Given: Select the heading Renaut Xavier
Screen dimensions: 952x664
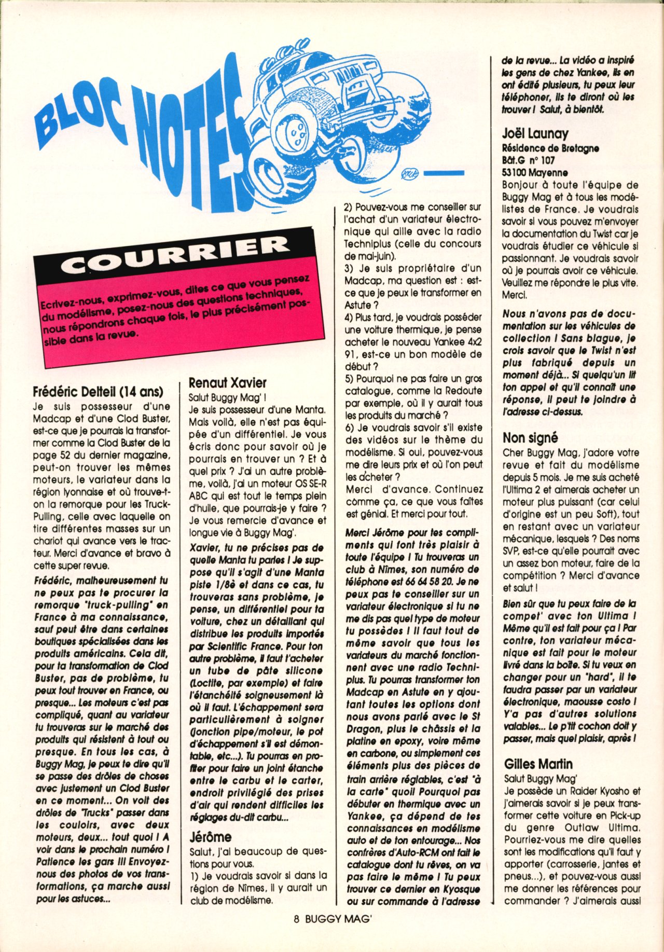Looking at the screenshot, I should (227, 383).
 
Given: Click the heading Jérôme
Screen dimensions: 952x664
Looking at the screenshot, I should (210, 837).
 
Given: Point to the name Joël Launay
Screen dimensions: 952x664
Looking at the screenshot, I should (535, 134).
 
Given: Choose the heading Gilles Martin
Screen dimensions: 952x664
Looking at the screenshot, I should (538, 764).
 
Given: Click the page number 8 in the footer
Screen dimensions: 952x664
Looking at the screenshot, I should (297, 933).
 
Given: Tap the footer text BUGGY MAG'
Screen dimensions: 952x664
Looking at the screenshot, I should (339, 933).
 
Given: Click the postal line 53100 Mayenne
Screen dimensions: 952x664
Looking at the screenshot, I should (534, 173).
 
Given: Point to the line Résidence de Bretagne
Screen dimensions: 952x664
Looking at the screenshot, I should (550, 148).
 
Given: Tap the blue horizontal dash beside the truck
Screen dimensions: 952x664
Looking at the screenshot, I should (442, 173).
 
